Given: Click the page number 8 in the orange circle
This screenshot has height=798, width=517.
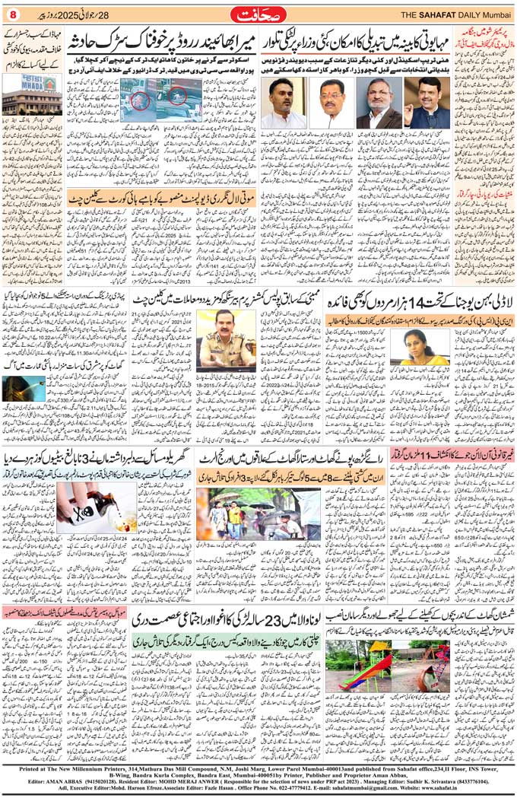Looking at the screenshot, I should [13, 14].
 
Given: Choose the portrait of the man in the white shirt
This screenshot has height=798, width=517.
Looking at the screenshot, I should [284, 103].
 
